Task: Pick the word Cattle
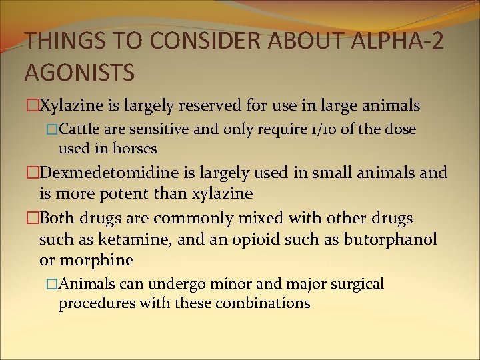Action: click(82, 129)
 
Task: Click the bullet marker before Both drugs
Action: click(33, 219)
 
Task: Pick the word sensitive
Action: click(165, 129)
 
